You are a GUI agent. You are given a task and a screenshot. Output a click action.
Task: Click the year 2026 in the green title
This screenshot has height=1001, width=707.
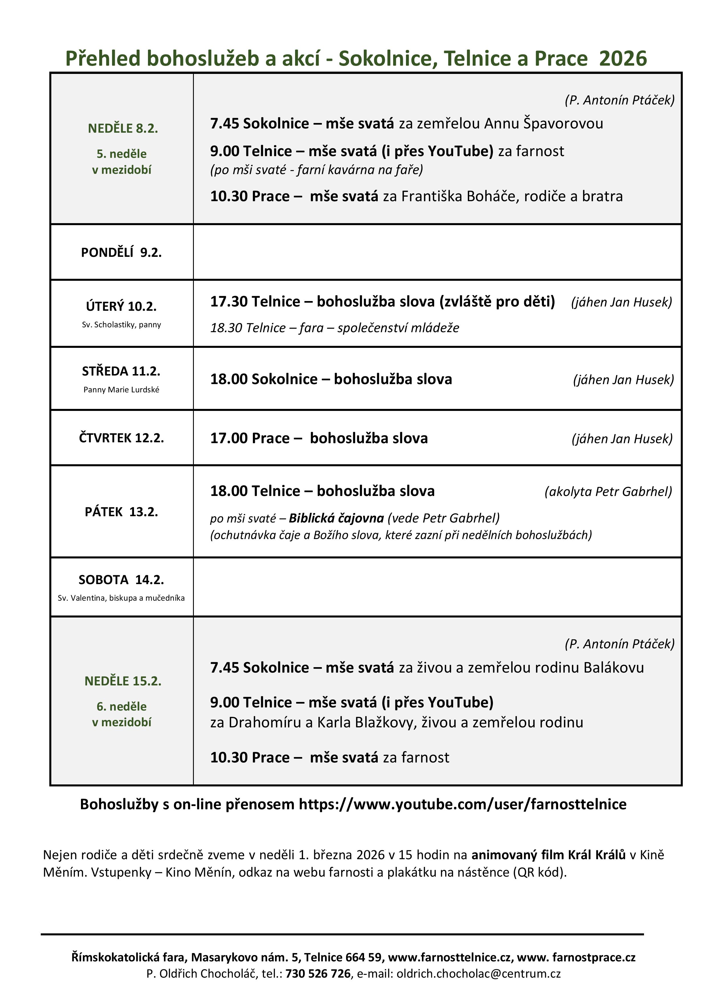point(623,58)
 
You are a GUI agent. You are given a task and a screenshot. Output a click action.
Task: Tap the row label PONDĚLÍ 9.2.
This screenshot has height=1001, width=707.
point(121,253)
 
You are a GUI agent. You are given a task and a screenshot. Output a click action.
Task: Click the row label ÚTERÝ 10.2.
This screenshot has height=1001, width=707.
point(121,306)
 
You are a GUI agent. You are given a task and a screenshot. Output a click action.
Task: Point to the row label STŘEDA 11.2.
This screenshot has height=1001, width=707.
point(121,371)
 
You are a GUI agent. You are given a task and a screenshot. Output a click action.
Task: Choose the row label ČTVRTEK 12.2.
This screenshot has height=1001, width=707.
point(121,438)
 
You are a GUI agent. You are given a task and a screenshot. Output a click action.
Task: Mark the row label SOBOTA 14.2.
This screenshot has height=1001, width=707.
point(121,580)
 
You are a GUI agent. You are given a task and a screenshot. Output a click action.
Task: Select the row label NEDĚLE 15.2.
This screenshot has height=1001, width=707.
point(123,681)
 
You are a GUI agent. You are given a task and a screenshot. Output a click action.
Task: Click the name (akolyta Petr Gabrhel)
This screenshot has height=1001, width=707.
point(608,491)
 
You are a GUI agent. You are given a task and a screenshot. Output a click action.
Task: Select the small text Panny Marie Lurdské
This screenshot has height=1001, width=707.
point(121,390)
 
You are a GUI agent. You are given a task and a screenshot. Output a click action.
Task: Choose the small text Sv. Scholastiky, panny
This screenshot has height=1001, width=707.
point(121,325)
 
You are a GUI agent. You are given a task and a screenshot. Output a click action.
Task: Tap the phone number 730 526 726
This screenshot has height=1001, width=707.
point(318,974)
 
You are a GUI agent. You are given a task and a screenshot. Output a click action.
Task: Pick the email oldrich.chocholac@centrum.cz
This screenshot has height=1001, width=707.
point(478,974)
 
